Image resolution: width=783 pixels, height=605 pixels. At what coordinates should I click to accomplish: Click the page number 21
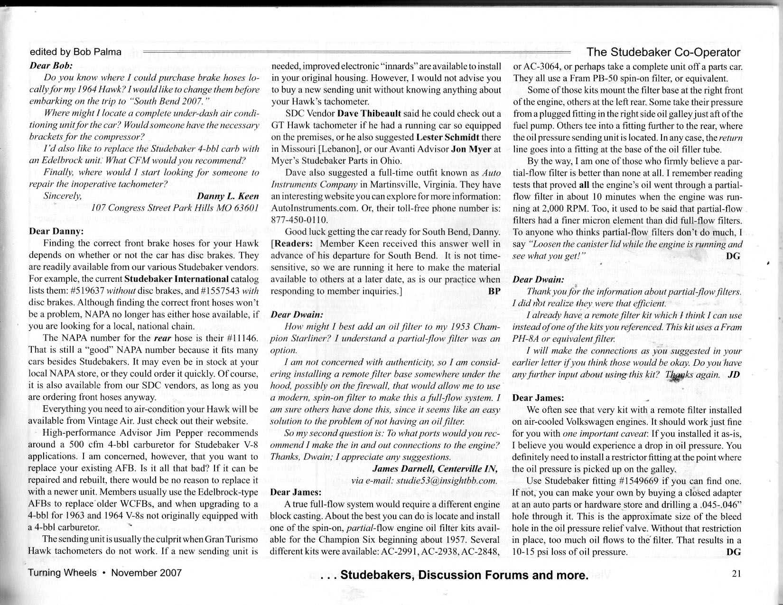[736, 573]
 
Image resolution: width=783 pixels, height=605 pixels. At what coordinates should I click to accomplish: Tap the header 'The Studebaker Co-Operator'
[663, 52]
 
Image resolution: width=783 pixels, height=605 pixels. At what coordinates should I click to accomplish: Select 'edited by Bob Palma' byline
[75, 52]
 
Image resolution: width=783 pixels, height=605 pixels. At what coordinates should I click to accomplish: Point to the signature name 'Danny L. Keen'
[228, 195]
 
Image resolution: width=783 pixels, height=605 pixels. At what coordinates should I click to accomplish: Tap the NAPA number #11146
[241, 338]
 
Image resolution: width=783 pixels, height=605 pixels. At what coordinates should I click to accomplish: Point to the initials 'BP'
[494, 291]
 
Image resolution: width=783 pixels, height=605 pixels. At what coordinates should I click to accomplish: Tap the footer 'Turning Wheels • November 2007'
[105, 573]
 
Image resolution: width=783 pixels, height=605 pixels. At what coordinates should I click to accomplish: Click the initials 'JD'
[734, 374]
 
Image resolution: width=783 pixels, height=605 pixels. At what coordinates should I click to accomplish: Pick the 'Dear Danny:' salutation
[56, 232]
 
